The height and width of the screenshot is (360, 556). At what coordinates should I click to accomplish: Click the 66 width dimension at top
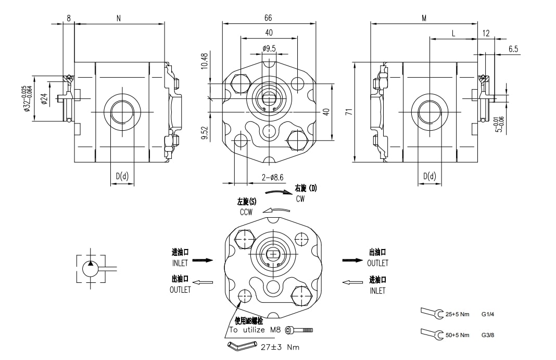coord(268,18)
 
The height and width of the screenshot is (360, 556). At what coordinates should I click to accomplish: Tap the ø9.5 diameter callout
coord(269,48)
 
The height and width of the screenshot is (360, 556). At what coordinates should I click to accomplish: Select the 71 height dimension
coord(348,111)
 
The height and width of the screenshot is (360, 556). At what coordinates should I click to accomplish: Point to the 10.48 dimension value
coord(205,61)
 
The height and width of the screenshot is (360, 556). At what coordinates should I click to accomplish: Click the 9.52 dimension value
coord(205,133)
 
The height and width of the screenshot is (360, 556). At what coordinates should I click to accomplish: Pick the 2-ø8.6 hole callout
coord(272,178)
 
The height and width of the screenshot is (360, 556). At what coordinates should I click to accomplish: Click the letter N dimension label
coord(119,18)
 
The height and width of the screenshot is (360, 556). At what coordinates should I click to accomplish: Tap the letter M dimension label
coord(424,18)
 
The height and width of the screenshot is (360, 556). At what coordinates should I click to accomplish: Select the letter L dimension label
coord(453,34)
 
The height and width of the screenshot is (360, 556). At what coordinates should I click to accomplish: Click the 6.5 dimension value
coord(513,49)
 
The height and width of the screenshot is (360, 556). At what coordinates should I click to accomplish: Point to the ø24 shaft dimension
coord(44,98)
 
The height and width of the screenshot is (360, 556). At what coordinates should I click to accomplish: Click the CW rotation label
coord(300,199)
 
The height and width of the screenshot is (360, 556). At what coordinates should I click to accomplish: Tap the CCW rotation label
coord(246,212)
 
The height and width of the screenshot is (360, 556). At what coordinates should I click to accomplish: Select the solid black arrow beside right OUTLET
coord(352,259)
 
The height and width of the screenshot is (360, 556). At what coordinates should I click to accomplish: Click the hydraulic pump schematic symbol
coord(92,269)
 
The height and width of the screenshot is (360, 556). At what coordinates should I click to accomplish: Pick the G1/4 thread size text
coord(488,315)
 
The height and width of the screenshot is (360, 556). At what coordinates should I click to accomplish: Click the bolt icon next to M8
coord(304,330)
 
